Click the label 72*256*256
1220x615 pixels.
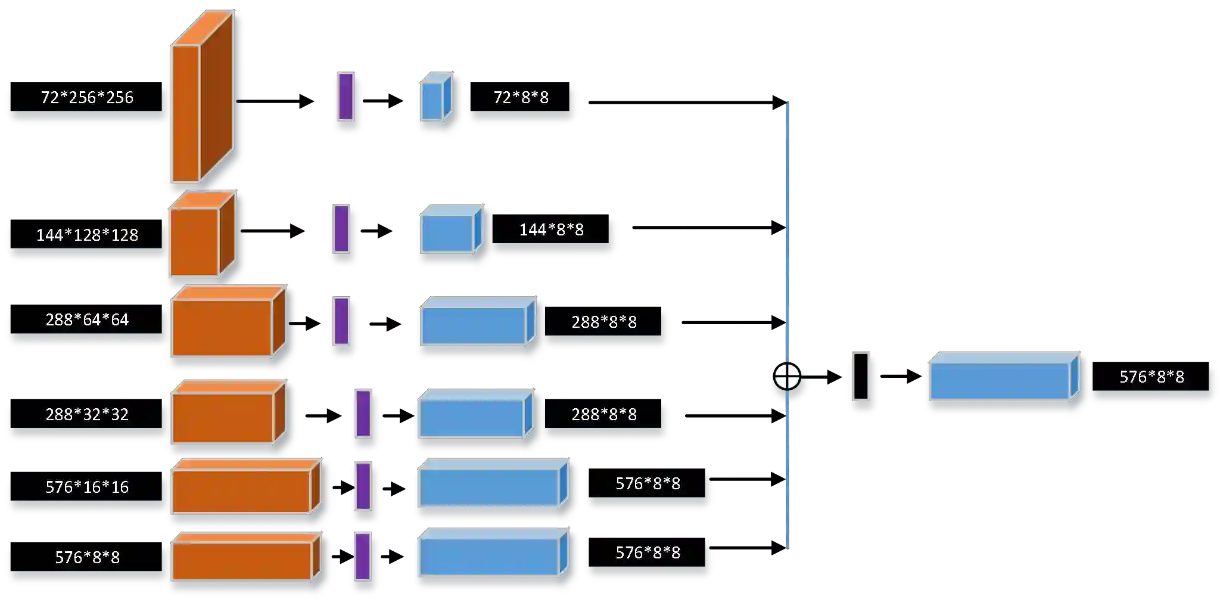coord(87,97)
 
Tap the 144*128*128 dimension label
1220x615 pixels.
coord(87,235)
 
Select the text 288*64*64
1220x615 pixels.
coord(87,320)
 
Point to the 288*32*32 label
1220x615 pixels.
coord(87,414)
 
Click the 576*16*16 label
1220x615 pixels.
coord(87,487)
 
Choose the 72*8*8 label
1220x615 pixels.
coord(521,97)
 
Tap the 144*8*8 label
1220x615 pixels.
coord(552,229)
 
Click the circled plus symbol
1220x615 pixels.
coord(787,376)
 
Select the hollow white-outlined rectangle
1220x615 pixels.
coord(861,376)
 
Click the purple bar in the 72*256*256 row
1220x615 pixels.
coord(346,97)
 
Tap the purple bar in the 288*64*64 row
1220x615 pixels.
coord(341,321)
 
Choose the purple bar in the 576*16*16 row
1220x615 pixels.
coord(363,486)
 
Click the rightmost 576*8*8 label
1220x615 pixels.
coord(1152,377)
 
